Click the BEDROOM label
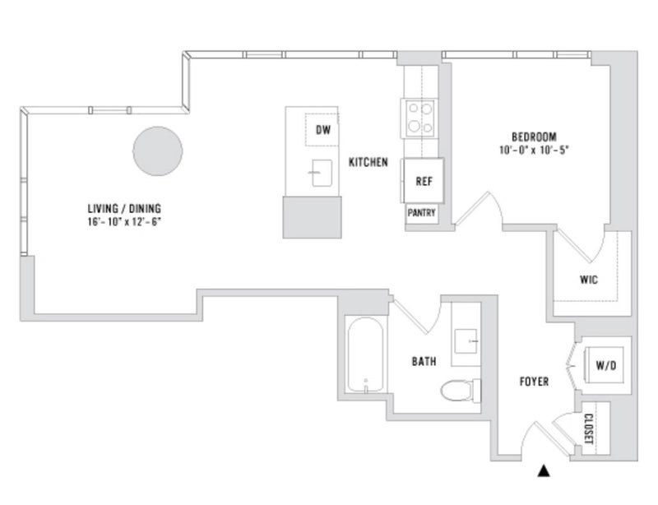tap(534, 137)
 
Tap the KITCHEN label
tap(368, 162)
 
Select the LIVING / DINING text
tap(124, 208)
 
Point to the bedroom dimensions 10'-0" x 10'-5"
tap(533, 150)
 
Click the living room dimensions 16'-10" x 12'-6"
tap(124, 221)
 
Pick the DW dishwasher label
tap(323, 130)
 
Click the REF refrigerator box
tap(424, 180)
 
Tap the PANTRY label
tap(421, 213)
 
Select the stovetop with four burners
tap(420, 118)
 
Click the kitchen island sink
tap(322, 173)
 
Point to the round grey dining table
tap(158, 151)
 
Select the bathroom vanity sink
tap(466, 341)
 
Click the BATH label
tap(424, 361)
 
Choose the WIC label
tap(589, 280)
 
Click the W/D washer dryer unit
tap(605, 365)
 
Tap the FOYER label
tap(534, 381)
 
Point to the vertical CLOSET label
tap(588, 429)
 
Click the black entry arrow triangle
tap(544, 471)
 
